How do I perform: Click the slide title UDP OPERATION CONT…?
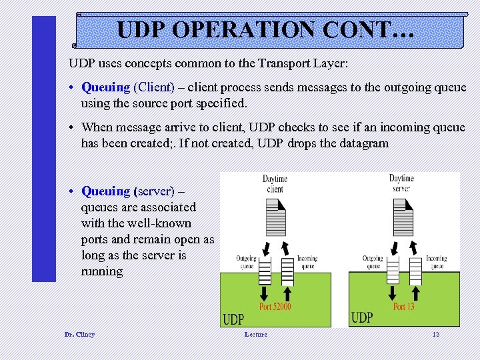click(265, 30)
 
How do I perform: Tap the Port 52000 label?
click(275, 307)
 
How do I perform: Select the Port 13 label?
click(403, 307)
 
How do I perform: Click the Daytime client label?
click(274, 184)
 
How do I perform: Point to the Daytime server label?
click(401, 183)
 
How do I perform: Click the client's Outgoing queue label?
click(246, 262)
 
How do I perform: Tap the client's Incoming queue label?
click(307, 262)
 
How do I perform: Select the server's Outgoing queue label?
click(373, 262)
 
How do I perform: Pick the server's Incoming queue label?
click(436, 262)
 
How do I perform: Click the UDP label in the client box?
click(233, 319)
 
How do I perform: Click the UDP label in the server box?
click(361, 317)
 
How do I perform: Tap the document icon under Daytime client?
click(275, 213)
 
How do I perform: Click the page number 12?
click(435, 334)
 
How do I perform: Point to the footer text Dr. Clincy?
click(79, 334)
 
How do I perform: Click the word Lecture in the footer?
click(255, 334)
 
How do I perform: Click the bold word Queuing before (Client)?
click(105, 87)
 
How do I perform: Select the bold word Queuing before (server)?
click(105, 191)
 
